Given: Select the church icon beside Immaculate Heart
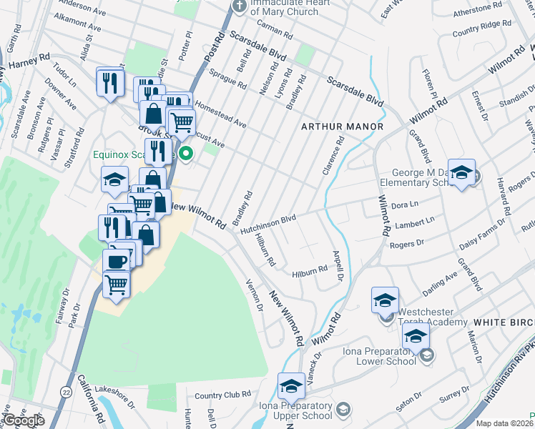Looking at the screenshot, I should tap(239, 6).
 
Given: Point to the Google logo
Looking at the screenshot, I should tap(24, 420).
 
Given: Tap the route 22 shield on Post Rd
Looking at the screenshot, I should tap(66, 391).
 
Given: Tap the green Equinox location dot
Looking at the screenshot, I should tap(186, 152).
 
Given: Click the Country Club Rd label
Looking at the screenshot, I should tap(222, 395).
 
